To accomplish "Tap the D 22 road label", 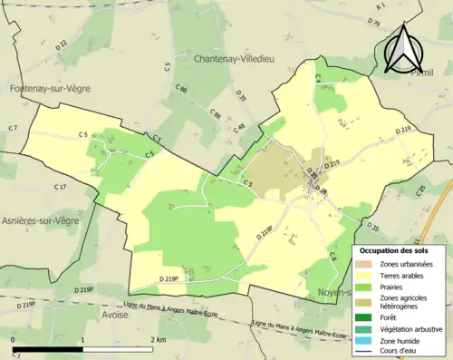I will (x=61, y=44).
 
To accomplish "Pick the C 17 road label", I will (x=60, y=187).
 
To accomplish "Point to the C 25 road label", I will (x=420, y=190).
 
